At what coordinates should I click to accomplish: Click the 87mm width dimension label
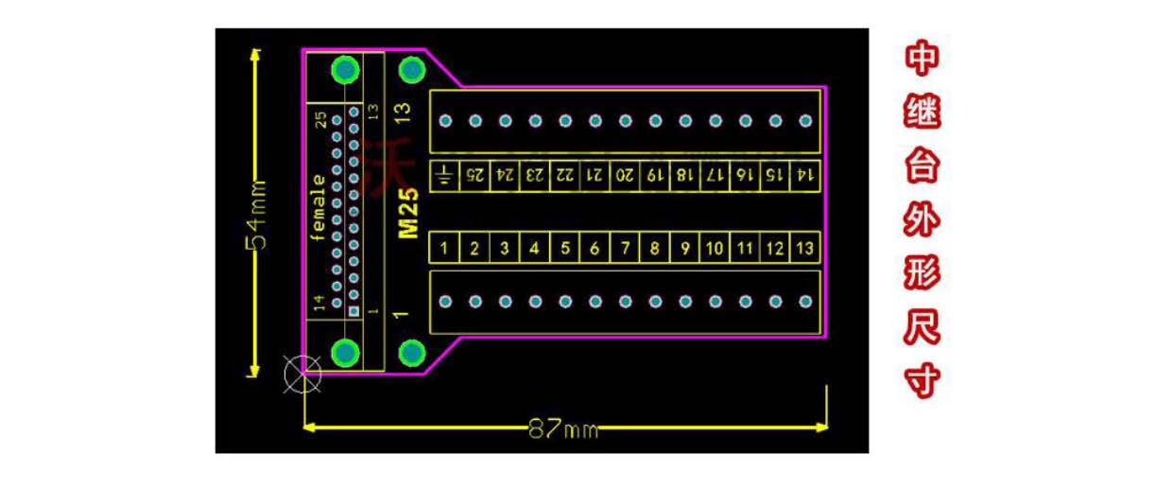563,429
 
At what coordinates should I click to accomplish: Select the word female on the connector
319,208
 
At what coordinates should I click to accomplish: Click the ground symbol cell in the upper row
445,175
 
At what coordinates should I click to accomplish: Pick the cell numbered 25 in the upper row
475,175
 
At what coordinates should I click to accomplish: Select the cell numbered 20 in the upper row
626,175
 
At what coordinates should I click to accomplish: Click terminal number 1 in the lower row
445,249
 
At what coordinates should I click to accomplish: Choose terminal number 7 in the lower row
626,249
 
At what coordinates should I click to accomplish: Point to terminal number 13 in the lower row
805,249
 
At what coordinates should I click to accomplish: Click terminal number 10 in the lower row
716,249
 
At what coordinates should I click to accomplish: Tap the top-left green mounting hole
346,70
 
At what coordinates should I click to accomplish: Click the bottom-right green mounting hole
411,353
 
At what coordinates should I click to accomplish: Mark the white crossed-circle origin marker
302,374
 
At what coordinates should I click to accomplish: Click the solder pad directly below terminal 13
805,302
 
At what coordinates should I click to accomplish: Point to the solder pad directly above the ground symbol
445,121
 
